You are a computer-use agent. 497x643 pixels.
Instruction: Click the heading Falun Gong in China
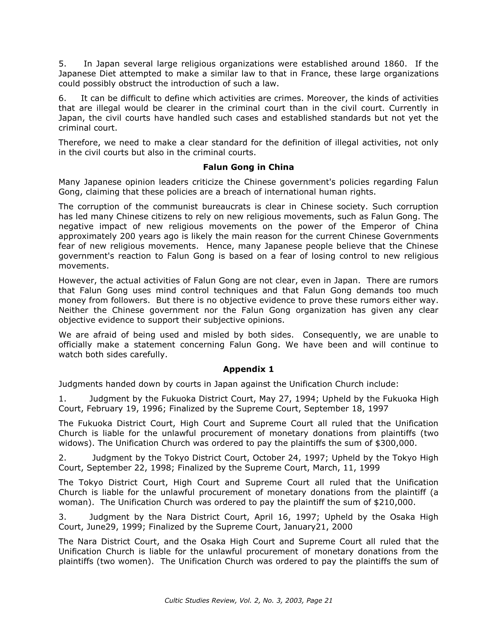pos(248,167)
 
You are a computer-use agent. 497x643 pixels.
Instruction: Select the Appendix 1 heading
pos(248,369)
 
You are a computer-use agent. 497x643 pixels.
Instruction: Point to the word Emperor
pos(383,226)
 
